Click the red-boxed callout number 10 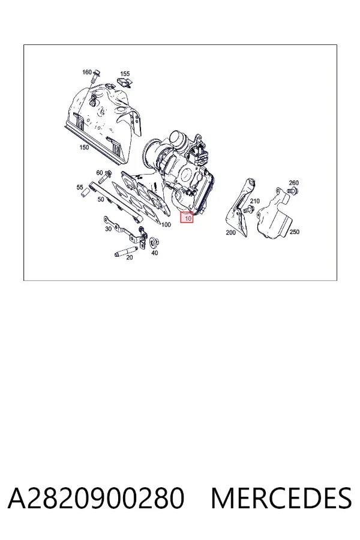click(188, 218)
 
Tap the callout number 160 click(87, 72)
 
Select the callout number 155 click(125, 74)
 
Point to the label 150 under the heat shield click(84, 148)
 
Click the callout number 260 click(293, 182)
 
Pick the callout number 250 click(294, 232)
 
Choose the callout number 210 click(254, 201)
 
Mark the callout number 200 click(230, 232)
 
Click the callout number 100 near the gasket click(166, 225)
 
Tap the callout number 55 click(80, 187)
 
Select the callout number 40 click(155, 253)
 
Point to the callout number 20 click(129, 257)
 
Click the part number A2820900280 click(96, 498)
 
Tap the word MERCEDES click(281, 498)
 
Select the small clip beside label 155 click(125, 82)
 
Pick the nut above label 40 click(154, 242)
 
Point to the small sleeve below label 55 click(84, 194)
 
